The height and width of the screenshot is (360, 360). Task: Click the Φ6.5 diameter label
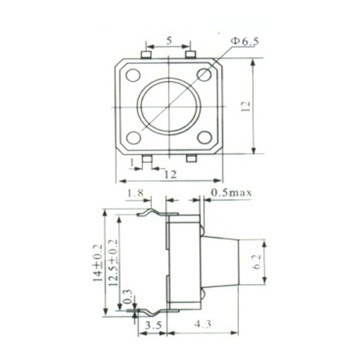click(x=244, y=41)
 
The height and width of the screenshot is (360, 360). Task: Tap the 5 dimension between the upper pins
click(x=168, y=40)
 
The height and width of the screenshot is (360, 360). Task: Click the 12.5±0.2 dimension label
click(x=113, y=263)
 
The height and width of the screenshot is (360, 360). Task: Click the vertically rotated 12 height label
click(x=246, y=107)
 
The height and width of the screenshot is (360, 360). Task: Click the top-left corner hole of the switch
click(x=133, y=75)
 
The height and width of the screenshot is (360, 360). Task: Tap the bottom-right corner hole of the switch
click(x=204, y=138)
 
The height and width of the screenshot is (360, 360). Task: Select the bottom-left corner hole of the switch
click(x=133, y=138)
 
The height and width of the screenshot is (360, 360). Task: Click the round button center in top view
click(x=168, y=107)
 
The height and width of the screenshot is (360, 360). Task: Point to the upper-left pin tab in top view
click(x=146, y=55)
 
